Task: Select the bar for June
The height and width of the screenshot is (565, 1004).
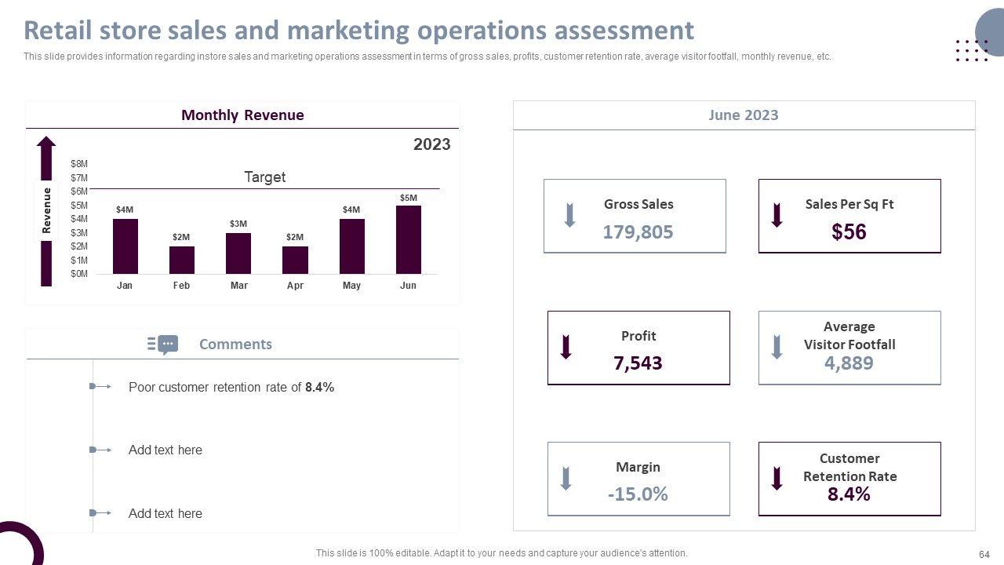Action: point(408,239)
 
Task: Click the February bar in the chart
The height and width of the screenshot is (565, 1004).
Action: point(181,260)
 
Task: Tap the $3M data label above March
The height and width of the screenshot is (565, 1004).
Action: point(238,224)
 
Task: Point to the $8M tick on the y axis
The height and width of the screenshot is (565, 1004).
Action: point(79,164)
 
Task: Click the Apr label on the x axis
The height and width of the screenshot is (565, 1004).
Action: point(295,286)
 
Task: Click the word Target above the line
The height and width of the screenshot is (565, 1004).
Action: point(264,177)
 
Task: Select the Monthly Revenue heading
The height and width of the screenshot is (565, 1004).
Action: point(242,115)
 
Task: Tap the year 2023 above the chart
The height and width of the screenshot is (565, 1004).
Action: point(431,144)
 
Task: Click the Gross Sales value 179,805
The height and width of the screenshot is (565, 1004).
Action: point(638,231)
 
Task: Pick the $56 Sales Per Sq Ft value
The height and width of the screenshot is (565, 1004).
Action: point(849,231)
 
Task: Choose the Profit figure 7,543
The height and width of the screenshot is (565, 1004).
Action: point(638,363)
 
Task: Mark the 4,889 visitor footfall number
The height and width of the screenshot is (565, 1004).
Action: point(849,363)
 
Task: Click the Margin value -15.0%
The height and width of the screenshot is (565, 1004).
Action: point(638,494)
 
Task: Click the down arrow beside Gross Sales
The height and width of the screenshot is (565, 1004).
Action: point(570,215)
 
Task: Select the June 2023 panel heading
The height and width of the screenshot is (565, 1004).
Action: point(743,115)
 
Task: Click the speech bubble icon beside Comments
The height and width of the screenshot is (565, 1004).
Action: point(167,344)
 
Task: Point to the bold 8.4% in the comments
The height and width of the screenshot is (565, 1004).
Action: point(319,387)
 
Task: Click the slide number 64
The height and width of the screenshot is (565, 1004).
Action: point(984,553)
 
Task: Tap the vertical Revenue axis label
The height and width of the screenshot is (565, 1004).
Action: point(46,210)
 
